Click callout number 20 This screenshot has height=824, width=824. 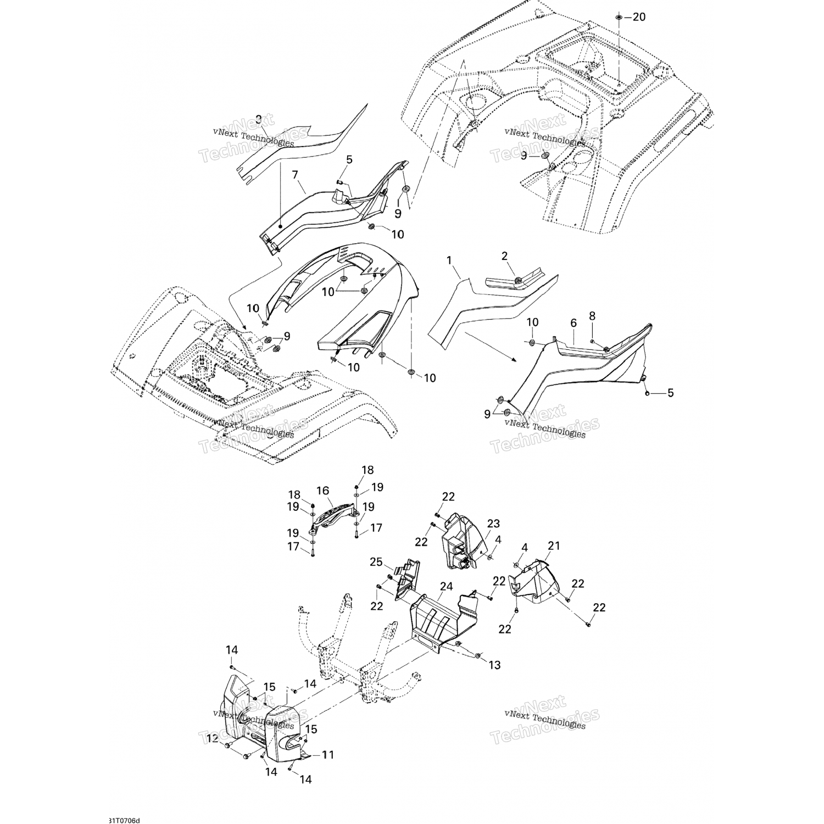(639, 17)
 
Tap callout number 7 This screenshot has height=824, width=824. (295, 175)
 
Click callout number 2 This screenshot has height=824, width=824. (504, 255)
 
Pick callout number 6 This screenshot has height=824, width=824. (573, 324)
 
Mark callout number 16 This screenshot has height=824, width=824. (322, 490)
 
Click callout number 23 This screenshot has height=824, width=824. (478, 523)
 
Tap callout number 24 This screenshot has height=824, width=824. (446, 587)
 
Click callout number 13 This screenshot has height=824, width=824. (494, 665)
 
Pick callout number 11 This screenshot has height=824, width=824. (327, 755)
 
